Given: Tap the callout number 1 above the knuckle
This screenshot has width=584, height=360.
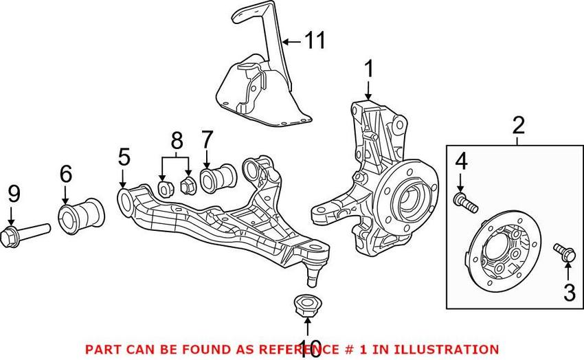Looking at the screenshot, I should pos(369,69).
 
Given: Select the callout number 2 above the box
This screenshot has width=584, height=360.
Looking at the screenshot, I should pos(518,125).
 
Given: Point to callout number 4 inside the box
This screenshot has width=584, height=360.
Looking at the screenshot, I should pos(460,163).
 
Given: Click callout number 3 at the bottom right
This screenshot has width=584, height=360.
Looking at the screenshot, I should pos(569,292).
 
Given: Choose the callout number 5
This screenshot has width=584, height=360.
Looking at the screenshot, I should pos(123,157).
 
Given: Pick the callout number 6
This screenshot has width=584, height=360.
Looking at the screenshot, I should pos(65,175).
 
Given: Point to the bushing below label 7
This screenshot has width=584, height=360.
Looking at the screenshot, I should pos(218,176).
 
